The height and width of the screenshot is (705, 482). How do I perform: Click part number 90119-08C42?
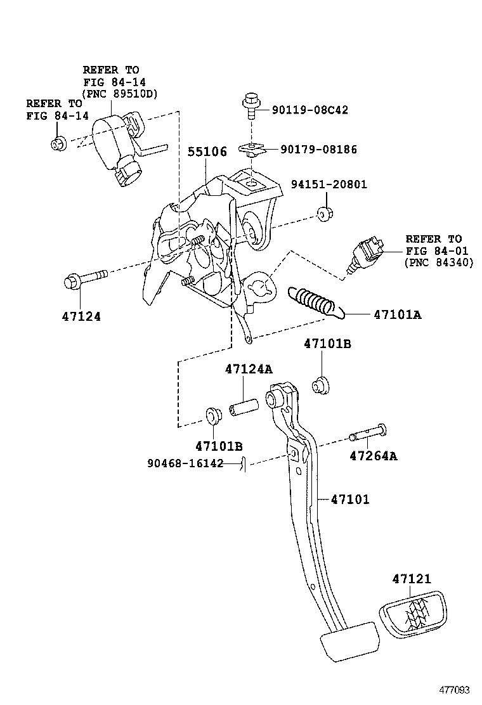click(309, 110)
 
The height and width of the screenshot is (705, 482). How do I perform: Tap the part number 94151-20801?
click(329, 185)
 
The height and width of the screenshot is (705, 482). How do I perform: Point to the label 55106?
click(207, 153)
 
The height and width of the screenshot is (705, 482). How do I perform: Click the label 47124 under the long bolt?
click(81, 316)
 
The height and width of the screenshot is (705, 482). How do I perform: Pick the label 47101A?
click(397, 314)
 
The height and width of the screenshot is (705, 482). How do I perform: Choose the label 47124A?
click(248, 369)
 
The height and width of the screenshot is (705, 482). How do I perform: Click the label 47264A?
click(374, 455)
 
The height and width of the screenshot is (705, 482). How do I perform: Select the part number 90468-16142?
click(185, 463)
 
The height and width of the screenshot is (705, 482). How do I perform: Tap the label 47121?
click(411, 578)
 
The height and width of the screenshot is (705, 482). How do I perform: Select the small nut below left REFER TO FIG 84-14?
click(58, 144)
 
